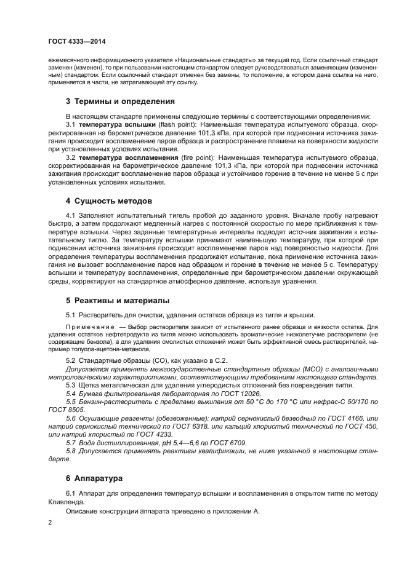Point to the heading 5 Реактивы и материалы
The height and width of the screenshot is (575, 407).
(x=117, y=301)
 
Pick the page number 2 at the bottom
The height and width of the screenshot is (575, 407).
(x=50, y=523)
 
